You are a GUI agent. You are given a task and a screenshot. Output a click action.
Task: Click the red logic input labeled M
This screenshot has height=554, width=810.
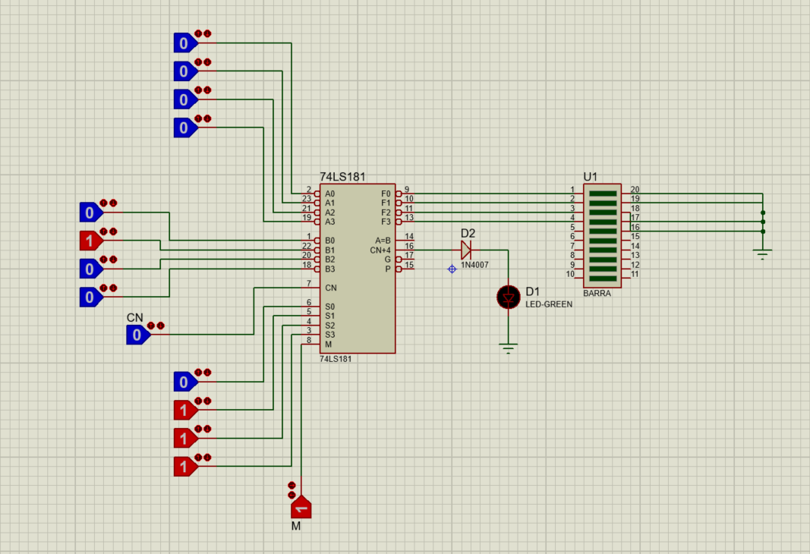(x=301, y=506)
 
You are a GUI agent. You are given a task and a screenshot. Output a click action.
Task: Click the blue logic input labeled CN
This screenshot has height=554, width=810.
(x=137, y=334)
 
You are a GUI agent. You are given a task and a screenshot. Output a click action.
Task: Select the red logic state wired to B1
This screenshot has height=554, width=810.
(x=90, y=241)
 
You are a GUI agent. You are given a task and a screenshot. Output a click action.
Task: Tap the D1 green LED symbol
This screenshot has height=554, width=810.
(x=508, y=297)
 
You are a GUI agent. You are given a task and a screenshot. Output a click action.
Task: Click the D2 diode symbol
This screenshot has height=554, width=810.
(x=466, y=250)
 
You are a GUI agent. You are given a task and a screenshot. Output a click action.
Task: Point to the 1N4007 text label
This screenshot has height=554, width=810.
(x=475, y=266)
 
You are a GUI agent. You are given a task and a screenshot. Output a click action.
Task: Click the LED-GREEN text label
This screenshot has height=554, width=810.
(x=549, y=304)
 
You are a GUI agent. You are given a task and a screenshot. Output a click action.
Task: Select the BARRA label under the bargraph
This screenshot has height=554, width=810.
(x=597, y=293)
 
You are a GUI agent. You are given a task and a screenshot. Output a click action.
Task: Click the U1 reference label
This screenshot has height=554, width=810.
(x=591, y=177)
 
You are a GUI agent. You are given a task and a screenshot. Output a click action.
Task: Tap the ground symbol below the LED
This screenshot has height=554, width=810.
(x=509, y=348)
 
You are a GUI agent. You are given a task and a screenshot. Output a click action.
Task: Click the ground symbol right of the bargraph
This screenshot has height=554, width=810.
(x=763, y=255)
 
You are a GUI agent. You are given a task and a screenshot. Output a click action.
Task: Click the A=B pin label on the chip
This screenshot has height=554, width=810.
(x=383, y=241)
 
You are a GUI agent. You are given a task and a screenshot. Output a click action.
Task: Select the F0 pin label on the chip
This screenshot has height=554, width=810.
(x=386, y=194)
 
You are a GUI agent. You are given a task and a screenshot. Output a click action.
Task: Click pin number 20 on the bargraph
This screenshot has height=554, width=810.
(x=635, y=190)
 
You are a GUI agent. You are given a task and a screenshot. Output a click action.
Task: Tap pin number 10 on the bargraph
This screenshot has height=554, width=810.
(x=569, y=274)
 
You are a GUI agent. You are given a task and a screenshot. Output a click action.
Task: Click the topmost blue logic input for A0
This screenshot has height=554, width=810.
(x=184, y=42)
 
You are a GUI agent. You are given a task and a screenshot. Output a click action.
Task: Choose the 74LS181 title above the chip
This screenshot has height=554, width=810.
(x=342, y=177)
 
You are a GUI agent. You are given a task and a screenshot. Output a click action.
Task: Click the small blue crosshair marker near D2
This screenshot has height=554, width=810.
(x=452, y=269)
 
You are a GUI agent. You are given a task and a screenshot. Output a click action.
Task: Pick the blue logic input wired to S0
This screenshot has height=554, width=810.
(x=184, y=381)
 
